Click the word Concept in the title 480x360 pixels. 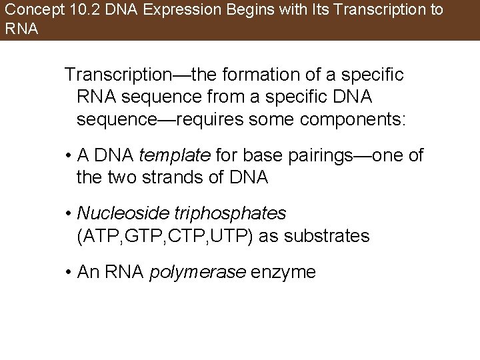coord(29,11)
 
